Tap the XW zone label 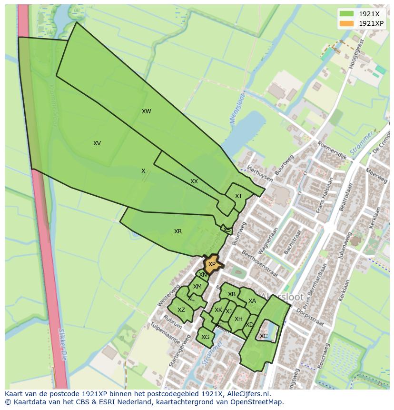[x=146, y=111]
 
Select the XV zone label [x=97, y=143]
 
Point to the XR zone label [x=178, y=231]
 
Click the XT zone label [x=238, y=196]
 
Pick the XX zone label [x=194, y=181]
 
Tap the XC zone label [x=264, y=336]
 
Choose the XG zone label [x=205, y=337]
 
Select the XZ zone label [x=181, y=310]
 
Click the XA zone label [x=252, y=301]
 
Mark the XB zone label [x=232, y=294]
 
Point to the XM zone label [x=197, y=287]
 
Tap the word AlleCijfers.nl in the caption [x=249, y=394]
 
